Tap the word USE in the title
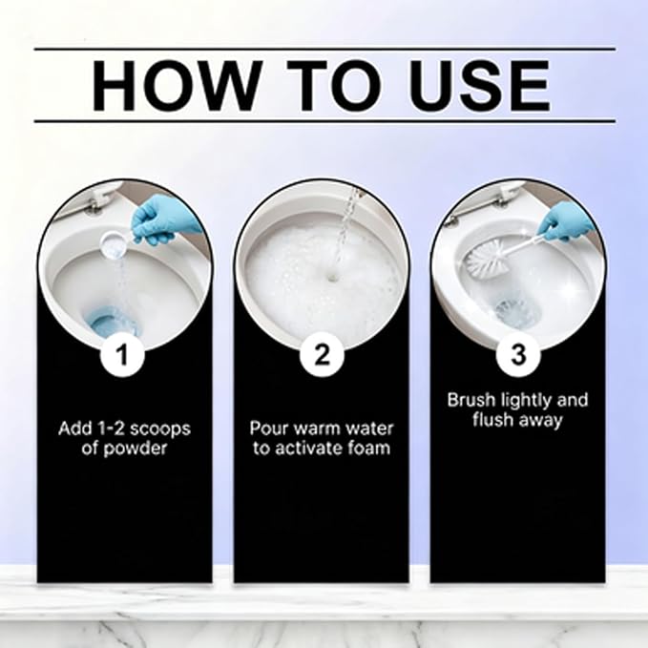(x=479, y=86)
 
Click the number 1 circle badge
(x=122, y=355)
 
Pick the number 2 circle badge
(x=322, y=355)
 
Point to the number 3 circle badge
(x=518, y=355)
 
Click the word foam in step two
(x=370, y=448)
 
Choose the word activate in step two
(x=308, y=449)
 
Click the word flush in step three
(x=490, y=420)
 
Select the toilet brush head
(x=487, y=260)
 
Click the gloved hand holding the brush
(x=565, y=222)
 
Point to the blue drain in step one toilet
(x=111, y=322)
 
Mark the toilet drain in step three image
(x=513, y=309)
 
